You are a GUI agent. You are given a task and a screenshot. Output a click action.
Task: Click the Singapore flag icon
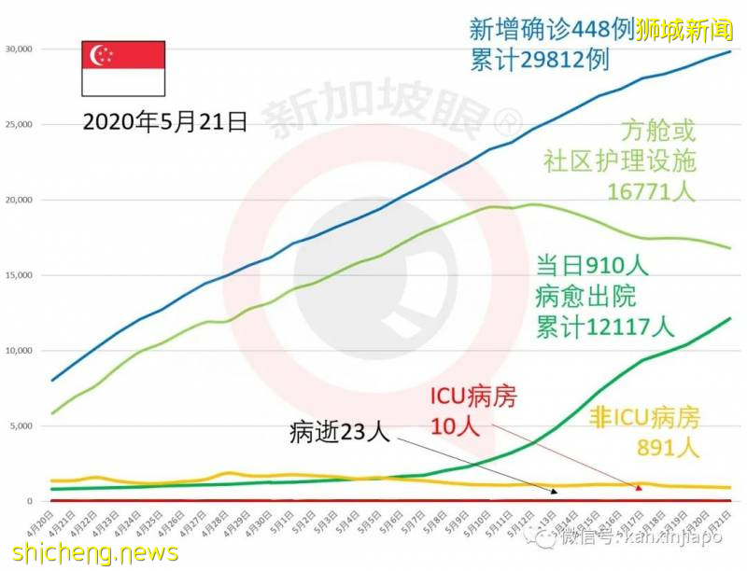[124, 68]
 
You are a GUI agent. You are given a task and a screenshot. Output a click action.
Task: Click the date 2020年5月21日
[164, 120]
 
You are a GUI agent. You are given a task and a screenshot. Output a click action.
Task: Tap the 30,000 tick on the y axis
[19, 49]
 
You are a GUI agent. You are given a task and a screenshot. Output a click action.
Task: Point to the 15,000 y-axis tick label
[19, 275]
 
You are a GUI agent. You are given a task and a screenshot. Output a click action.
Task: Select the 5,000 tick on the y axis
[21, 426]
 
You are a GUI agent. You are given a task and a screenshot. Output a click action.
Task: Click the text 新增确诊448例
[551, 29]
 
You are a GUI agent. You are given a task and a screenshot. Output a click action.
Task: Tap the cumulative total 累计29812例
[540, 60]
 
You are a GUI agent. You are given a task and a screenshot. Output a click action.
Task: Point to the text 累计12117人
[604, 326]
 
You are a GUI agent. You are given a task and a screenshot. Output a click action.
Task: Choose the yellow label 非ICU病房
[643, 417]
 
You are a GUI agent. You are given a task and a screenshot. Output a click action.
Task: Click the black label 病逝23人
[338, 432]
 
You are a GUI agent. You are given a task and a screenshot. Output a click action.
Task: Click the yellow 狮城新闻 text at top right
[683, 29]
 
